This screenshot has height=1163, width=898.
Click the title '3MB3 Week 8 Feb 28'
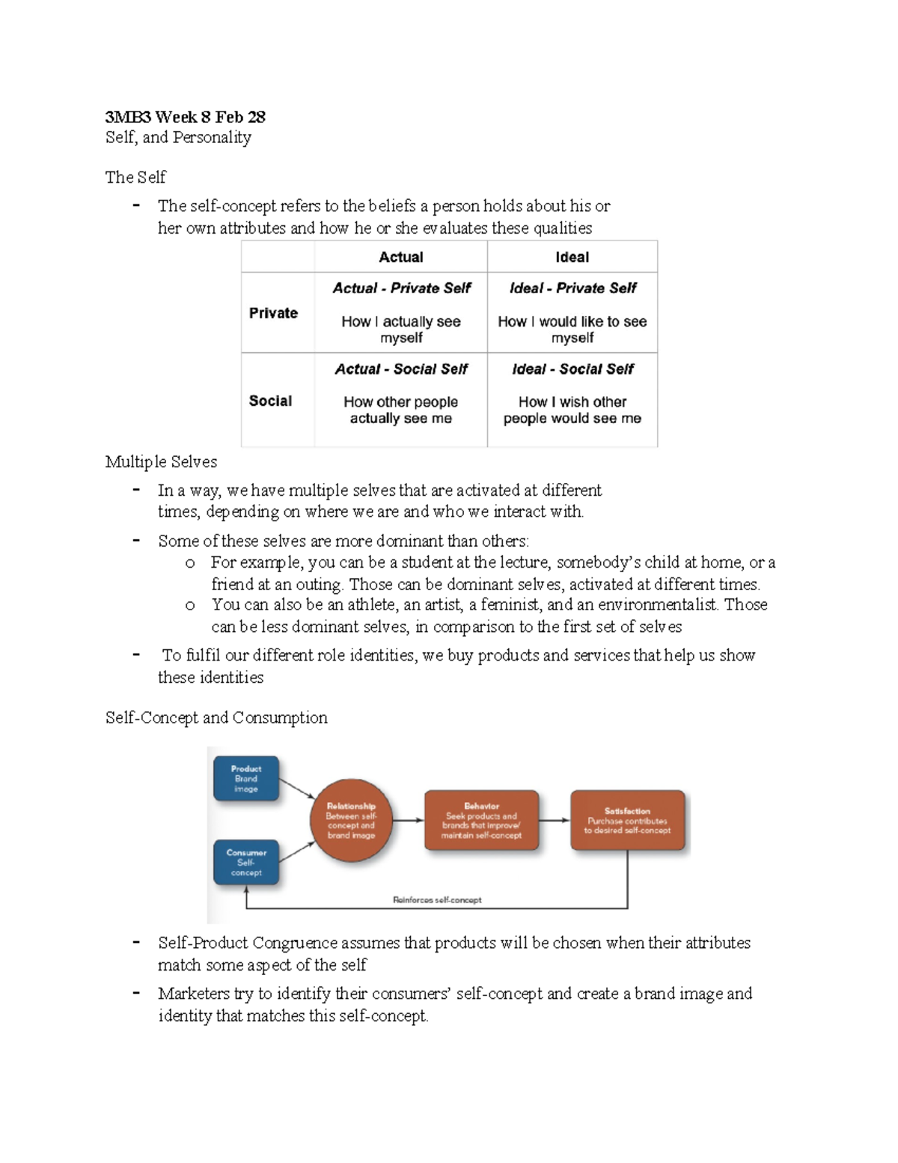click(185, 117)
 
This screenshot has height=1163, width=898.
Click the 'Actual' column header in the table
click(401, 257)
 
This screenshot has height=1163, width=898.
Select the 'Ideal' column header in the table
click(572, 257)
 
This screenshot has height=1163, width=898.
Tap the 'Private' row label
click(273, 313)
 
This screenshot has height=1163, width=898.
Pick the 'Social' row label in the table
click(270, 401)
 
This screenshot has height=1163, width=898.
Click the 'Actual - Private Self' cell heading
click(401, 288)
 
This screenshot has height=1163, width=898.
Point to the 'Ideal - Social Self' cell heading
click(572, 369)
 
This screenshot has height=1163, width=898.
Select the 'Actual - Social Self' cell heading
click(401, 369)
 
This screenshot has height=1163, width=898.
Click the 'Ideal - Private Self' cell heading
click(572, 288)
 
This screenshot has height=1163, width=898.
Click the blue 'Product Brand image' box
click(246, 779)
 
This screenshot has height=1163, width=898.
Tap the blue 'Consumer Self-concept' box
click(246, 863)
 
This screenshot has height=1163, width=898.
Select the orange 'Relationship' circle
click(351, 821)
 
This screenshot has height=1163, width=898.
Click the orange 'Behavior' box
click(481, 821)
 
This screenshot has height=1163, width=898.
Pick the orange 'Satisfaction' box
click(627, 821)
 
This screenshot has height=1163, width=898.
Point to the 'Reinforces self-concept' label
click(437, 900)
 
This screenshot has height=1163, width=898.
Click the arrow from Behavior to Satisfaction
click(555, 820)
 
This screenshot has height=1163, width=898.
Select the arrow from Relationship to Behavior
click(409, 820)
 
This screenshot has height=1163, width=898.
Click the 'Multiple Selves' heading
click(161, 462)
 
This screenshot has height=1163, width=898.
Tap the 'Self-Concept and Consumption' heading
click(216, 717)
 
